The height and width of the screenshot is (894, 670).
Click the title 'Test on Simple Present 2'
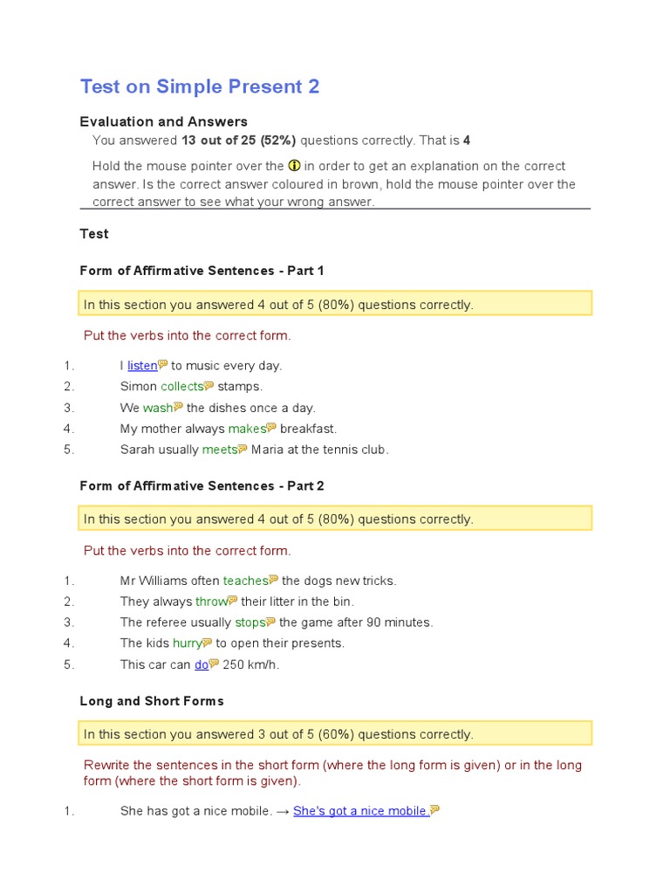200,86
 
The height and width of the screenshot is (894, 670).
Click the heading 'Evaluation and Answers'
163,122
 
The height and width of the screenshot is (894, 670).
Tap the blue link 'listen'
142,366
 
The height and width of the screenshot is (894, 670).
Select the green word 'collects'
181,387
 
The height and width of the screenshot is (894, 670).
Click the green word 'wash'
158,408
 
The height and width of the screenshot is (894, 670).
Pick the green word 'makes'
247,429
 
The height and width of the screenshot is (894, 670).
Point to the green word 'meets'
219,450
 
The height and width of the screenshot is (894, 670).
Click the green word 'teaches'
245,581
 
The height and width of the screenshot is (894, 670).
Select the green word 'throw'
211,602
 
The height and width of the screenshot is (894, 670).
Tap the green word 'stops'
250,622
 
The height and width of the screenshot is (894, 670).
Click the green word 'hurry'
187,643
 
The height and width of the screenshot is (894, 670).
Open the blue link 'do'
202,664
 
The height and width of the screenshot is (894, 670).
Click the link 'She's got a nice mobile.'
361,811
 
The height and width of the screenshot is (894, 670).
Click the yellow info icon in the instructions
294,166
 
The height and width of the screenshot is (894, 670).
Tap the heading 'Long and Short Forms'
152,701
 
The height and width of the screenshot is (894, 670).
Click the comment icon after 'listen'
163,365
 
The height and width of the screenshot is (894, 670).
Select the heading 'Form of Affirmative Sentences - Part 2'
202,485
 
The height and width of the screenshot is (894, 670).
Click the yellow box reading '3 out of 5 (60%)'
336,734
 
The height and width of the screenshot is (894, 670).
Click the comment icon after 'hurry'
207,643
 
